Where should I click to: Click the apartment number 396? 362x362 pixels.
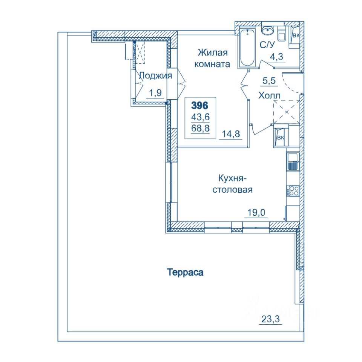[200, 106]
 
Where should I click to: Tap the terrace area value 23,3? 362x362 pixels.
[270, 319]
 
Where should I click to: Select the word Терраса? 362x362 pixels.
[185, 272]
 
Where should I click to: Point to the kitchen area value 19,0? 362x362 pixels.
[256, 212]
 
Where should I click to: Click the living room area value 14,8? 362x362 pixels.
[231, 134]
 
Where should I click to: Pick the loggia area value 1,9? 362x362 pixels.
[155, 93]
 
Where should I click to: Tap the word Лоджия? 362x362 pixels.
[156, 76]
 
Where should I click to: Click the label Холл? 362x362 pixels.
[269, 95]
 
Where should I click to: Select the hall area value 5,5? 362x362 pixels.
[269, 81]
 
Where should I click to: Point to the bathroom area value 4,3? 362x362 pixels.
[276, 57]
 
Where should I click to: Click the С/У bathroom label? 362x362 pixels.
[267, 45]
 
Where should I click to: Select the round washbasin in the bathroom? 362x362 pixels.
[268, 30]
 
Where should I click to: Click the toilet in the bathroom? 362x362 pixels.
[281, 34]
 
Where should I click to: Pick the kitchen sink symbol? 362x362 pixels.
[293, 162]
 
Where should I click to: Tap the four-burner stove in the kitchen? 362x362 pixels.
[293, 191]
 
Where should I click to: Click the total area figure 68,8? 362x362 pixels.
[200, 128]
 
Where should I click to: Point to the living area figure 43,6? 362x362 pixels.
[200, 117]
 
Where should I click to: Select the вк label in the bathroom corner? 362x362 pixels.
[296, 35]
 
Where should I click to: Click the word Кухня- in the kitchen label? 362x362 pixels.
[233, 178]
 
